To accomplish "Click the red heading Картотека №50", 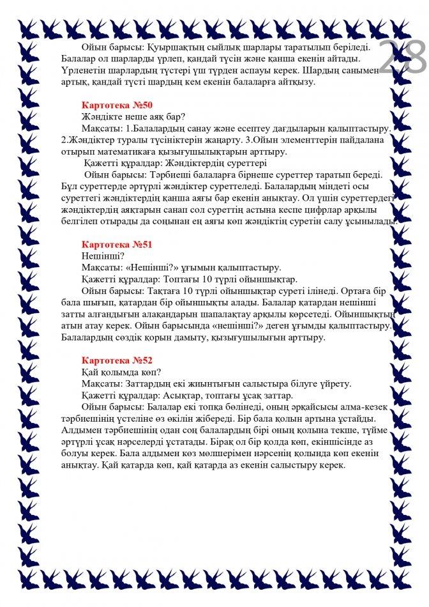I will [x=117, y=105].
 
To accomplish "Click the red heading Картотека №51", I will [x=117, y=245].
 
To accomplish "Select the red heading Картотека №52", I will [x=117, y=360].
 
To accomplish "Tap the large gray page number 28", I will [x=403, y=58].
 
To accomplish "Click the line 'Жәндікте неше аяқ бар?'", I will [x=133, y=116].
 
